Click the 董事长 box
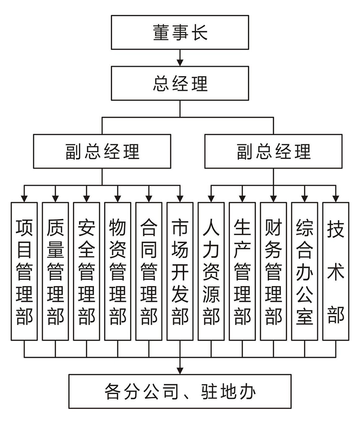click(x=180, y=33)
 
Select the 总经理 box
click(x=180, y=83)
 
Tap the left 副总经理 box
click(x=102, y=151)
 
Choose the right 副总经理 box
click(x=273, y=151)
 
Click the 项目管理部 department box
click(x=24, y=271)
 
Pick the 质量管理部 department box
click(x=55, y=271)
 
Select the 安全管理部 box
click(x=86, y=271)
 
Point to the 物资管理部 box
click(x=117, y=271)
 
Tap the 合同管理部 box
click(x=149, y=271)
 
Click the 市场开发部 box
click(x=180, y=271)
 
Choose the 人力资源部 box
click(x=211, y=271)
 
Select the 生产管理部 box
click(x=242, y=271)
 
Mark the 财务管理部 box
click(x=273, y=271)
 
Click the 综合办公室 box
click(x=304, y=271)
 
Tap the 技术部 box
click(x=335, y=271)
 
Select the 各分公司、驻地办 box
click(x=180, y=391)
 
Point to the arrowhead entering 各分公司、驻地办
click(x=180, y=370)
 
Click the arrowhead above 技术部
click(x=335, y=198)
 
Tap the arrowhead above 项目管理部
click(x=24, y=198)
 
